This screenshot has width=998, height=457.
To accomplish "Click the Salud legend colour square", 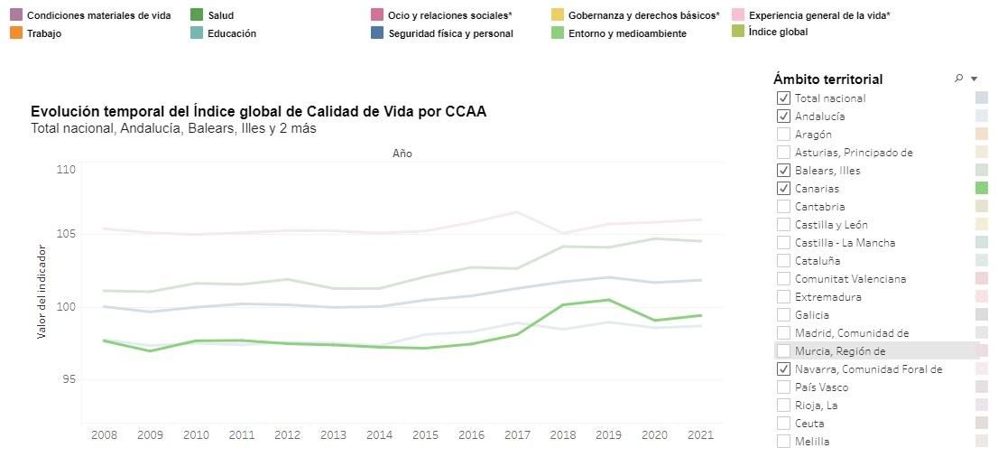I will click(x=197, y=15).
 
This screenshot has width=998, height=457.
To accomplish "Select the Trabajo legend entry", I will click(x=45, y=33).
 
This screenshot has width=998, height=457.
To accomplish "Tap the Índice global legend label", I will click(x=778, y=32).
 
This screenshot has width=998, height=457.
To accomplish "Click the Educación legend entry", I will click(x=231, y=33).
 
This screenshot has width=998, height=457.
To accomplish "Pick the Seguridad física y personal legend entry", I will click(x=450, y=33).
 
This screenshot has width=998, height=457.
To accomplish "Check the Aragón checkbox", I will click(x=783, y=135).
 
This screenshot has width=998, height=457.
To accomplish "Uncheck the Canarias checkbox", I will click(x=783, y=189).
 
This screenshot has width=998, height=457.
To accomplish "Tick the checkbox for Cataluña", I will click(x=783, y=261).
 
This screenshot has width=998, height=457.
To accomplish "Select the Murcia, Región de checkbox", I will click(x=783, y=351).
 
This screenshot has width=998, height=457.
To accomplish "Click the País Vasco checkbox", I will click(x=783, y=387).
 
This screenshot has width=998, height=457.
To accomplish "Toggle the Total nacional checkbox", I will click(x=783, y=98).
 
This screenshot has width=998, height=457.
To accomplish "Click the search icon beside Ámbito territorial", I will click(x=958, y=79).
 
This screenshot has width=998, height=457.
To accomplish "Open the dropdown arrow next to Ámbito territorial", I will click(x=974, y=79).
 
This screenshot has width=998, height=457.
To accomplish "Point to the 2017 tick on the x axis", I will click(x=516, y=435).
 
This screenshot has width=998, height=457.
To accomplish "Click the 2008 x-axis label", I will click(x=104, y=435).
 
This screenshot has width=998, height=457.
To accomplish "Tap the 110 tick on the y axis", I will click(x=65, y=169).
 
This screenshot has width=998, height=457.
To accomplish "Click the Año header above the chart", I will click(x=402, y=154).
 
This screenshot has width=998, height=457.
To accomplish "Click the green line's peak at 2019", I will click(x=608, y=300).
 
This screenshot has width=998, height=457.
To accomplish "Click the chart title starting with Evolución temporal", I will click(x=258, y=112).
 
